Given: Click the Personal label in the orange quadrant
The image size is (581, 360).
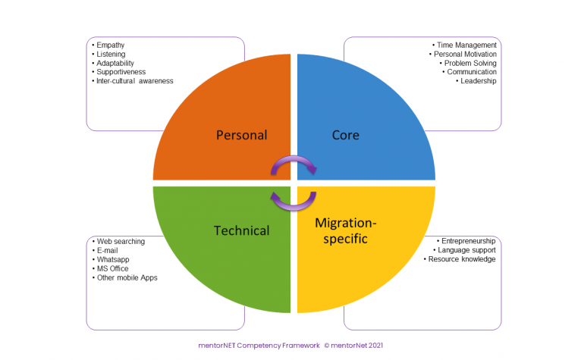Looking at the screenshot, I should [x=241, y=136].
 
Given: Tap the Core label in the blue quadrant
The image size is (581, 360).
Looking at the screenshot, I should [x=345, y=136].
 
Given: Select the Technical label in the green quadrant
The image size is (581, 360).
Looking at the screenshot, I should [x=242, y=230].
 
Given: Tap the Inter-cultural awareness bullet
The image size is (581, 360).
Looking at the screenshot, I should [x=134, y=81].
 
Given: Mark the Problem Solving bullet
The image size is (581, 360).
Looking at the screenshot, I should [x=470, y=63].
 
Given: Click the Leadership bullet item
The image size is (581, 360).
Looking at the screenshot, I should [x=478, y=81].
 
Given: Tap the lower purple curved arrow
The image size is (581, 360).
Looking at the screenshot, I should [x=294, y=199].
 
